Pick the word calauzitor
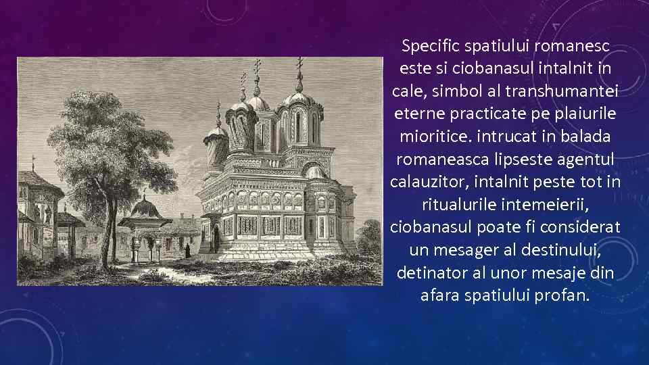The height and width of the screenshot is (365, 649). (429, 182)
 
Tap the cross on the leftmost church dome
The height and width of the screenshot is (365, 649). (218, 108)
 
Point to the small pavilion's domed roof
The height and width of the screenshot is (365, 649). (145, 207)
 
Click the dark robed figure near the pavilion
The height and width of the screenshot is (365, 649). (187, 251)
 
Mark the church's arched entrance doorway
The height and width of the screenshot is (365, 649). (215, 238)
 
